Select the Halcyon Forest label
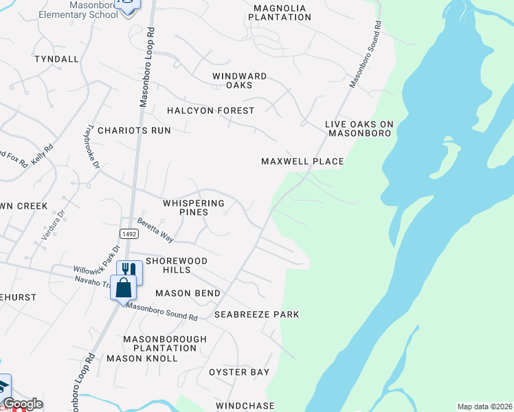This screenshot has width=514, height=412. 211,111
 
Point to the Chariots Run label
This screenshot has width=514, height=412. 133,130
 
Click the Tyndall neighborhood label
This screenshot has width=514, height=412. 56,59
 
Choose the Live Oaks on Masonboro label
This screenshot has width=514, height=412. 359,128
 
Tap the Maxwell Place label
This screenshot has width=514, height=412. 302,161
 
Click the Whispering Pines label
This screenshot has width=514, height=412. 194,208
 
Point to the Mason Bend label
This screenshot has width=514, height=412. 188,293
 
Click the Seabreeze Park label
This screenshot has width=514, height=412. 257,314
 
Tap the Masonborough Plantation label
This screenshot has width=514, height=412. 165,344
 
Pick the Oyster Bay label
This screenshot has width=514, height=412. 239,372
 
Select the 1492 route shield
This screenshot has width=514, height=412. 128,234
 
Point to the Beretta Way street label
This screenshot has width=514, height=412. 155,229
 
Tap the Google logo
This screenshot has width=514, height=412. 23,404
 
